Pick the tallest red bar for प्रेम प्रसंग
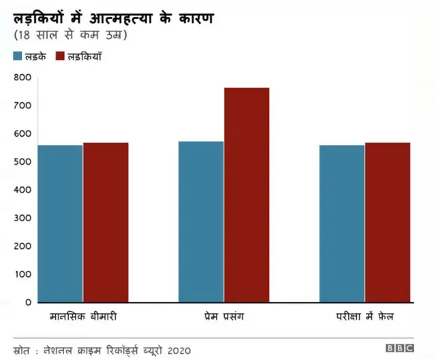click(247, 195)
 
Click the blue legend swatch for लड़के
click(19, 57)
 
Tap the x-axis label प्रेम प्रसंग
click(224, 317)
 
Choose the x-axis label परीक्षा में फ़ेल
click(365, 317)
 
